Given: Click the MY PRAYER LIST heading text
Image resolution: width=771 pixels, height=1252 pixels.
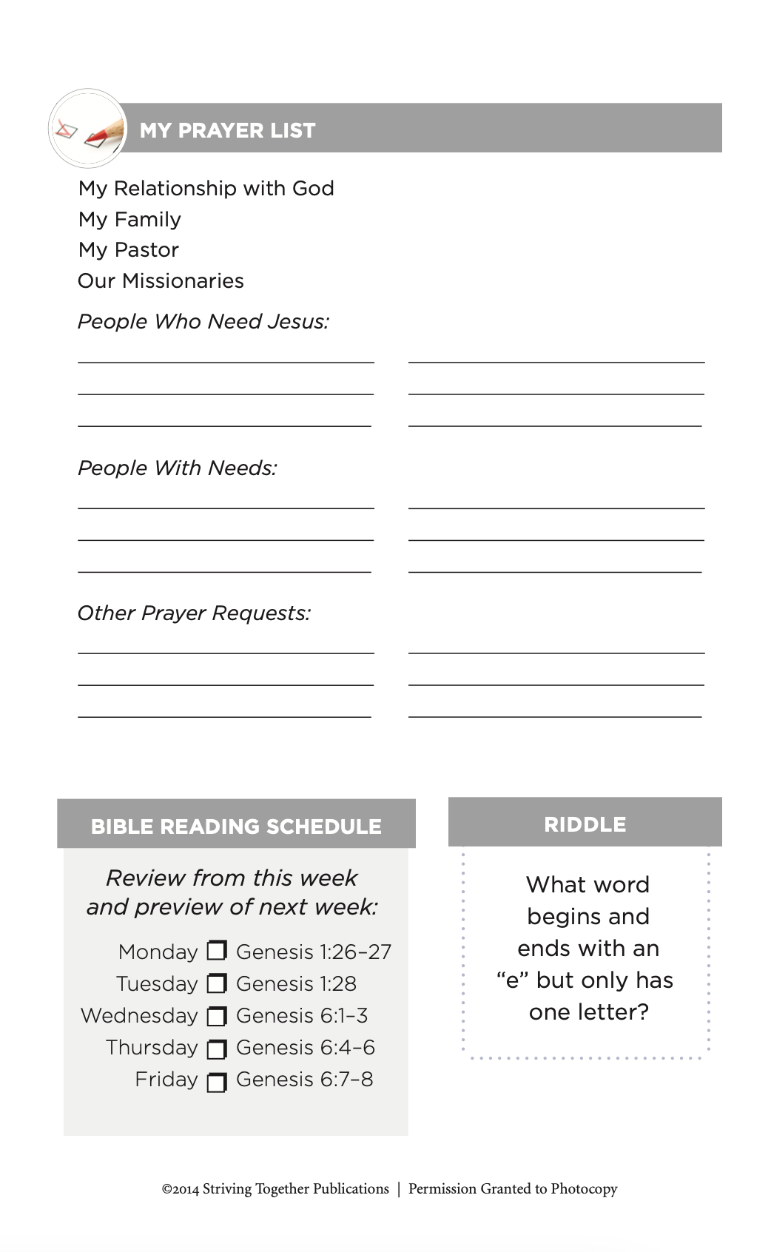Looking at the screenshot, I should (x=227, y=130).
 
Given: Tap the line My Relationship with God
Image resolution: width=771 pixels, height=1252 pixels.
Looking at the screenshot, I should (x=206, y=189).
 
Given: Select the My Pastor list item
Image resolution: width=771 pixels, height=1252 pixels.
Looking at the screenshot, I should (x=129, y=250).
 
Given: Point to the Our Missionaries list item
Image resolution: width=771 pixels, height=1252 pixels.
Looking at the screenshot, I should (x=161, y=281).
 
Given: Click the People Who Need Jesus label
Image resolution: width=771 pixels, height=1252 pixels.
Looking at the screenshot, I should (x=203, y=322).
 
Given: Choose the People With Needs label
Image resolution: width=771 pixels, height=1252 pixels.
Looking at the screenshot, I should (x=177, y=468).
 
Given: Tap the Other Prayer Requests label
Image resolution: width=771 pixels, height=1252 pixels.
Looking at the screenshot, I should (x=194, y=613).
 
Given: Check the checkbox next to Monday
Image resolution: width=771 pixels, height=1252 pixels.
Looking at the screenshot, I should (x=217, y=950).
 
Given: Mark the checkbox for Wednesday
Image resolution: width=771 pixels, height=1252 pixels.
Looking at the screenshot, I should (x=217, y=1017).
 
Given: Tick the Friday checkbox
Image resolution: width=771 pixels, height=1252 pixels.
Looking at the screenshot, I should (x=217, y=1083).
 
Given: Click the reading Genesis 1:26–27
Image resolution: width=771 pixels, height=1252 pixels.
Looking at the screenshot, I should (x=313, y=952).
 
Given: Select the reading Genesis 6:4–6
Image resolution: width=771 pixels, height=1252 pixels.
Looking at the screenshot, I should (x=305, y=1048).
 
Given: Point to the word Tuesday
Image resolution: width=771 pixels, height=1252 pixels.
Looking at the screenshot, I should (x=157, y=984).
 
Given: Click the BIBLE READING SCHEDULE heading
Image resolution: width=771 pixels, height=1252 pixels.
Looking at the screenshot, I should (x=236, y=827).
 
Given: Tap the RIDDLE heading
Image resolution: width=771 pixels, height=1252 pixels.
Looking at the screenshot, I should (x=585, y=824).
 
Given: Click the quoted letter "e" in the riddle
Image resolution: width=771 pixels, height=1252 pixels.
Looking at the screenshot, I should (x=512, y=980).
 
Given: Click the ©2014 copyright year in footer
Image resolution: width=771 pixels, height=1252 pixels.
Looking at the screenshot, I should (x=181, y=1189).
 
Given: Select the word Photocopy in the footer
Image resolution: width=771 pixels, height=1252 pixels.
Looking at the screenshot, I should (x=584, y=1189).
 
